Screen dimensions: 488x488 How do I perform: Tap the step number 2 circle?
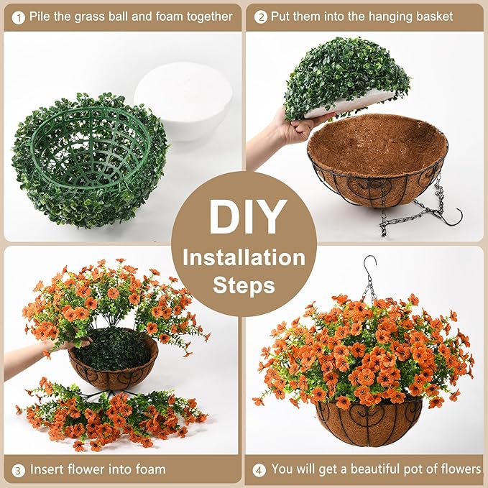tap(260, 16)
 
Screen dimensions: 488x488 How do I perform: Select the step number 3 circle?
tap(17, 469)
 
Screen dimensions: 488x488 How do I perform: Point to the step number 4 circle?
tap(259, 469)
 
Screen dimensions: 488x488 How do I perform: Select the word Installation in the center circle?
tap(244, 257)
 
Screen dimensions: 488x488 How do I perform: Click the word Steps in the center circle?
tap(244, 285)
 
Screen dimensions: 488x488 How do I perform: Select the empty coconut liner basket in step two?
tap(377, 155)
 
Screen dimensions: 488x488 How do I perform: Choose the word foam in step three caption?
tap(148, 469)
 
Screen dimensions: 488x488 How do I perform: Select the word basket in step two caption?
tap(430, 16)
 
